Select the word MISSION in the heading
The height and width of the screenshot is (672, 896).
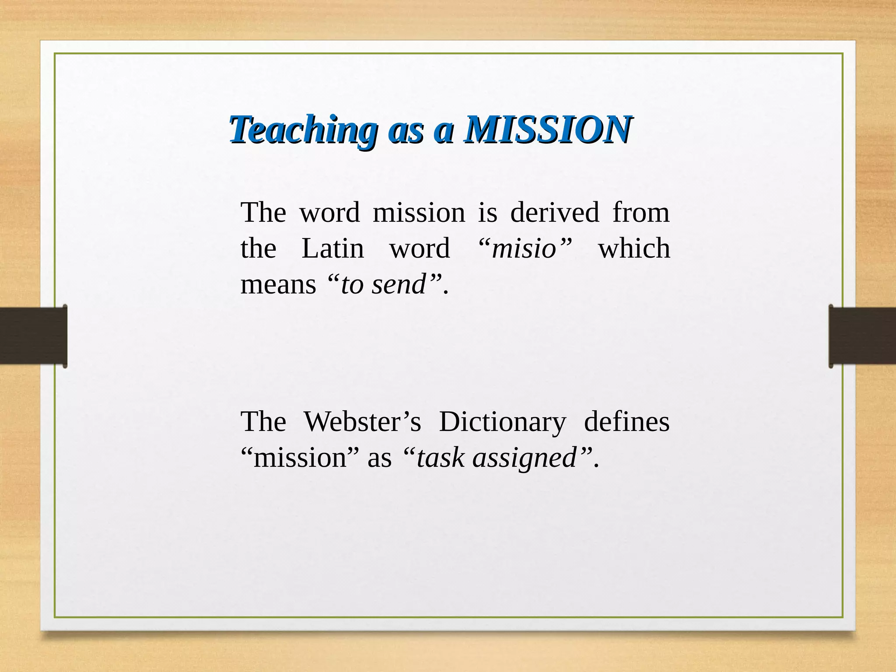548,130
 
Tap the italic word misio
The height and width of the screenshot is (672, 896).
524,248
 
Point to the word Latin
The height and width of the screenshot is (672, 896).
332,248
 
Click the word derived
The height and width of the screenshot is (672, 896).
554,213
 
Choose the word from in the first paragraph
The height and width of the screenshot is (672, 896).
640,213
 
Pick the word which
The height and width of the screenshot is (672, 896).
634,248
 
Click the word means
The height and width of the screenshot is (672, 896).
278,284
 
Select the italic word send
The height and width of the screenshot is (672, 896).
399,284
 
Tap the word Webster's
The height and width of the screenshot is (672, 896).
362,422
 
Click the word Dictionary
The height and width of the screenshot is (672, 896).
502,423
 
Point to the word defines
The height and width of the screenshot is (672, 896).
626,422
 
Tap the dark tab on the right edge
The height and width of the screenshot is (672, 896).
862,336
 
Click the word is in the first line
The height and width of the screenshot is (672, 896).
487,213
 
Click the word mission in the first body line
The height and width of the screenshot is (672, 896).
419,213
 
